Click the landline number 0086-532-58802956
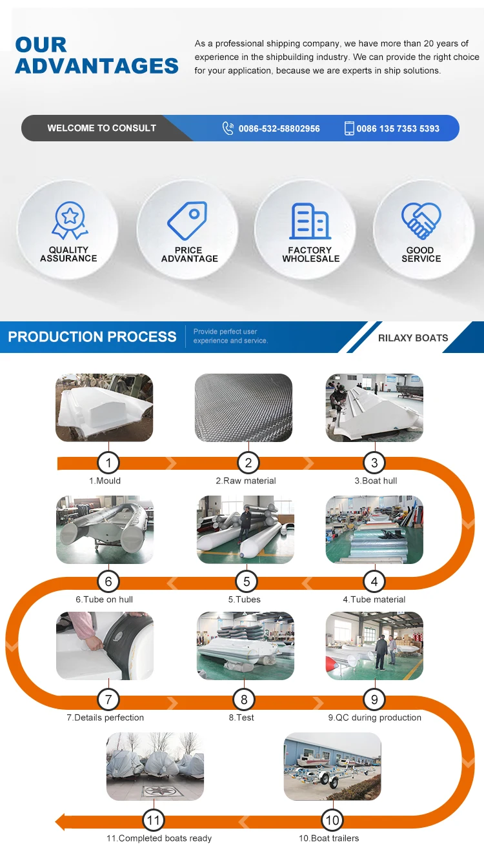click(x=279, y=128)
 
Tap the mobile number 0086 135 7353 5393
click(x=398, y=128)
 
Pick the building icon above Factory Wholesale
click(x=310, y=221)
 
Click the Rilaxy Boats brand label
click(x=413, y=337)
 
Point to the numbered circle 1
click(x=108, y=463)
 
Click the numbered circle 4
click(x=374, y=581)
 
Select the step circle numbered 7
click(x=108, y=699)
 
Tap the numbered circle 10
click(x=332, y=820)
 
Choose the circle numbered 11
click(x=153, y=820)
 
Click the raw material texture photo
click(x=243, y=408)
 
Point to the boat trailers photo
click(x=332, y=766)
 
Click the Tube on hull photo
click(x=105, y=529)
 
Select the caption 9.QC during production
click(x=374, y=718)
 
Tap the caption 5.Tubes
click(x=244, y=599)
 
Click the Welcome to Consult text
click(x=101, y=128)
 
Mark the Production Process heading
click(x=92, y=337)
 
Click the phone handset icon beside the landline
click(x=228, y=128)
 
